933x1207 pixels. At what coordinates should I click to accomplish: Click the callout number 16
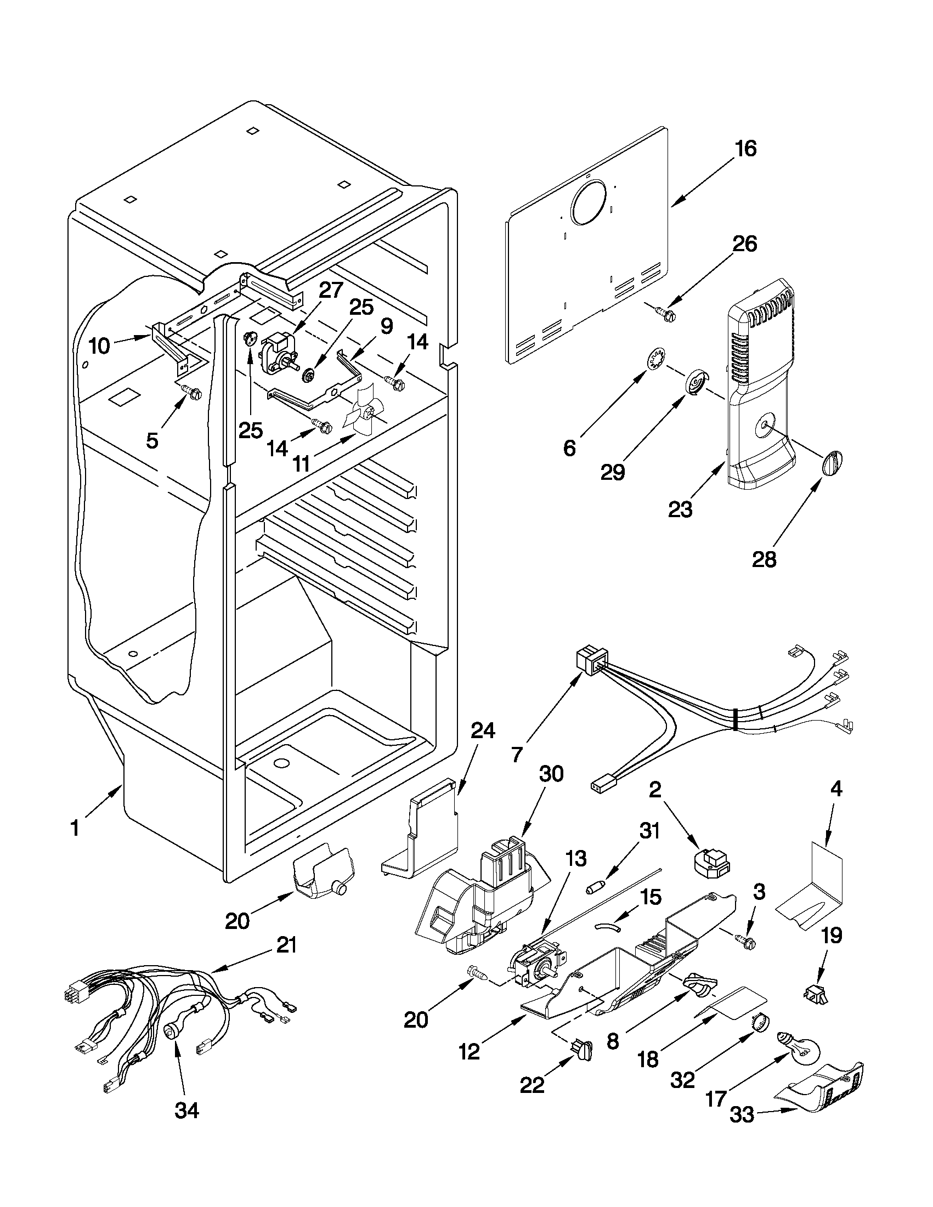point(746,149)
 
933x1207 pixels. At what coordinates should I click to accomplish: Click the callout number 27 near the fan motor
point(330,289)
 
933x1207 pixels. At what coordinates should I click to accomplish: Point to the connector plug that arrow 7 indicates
point(589,661)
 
